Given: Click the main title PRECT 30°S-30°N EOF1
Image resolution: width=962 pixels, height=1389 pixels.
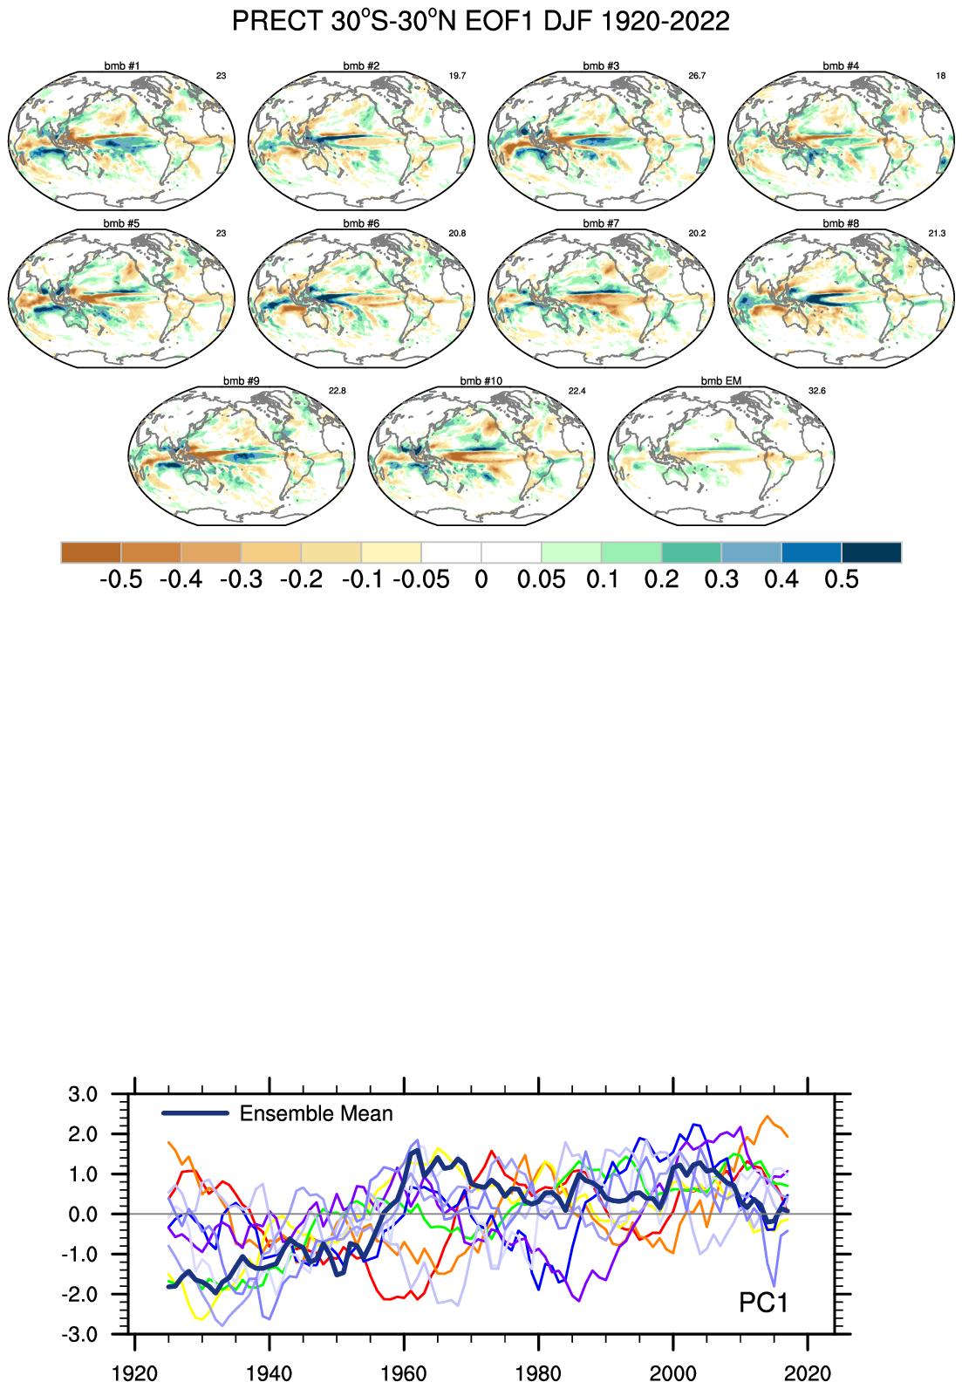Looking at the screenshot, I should pyautogui.click(x=481, y=21).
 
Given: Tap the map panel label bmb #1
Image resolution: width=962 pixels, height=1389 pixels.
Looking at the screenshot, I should pyautogui.click(x=121, y=66).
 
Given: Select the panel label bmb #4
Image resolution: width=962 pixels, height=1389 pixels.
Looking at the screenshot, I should pyautogui.click(x=840, y=66).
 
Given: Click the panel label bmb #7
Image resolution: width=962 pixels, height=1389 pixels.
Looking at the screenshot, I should pyautogui.click(x=601, y=224).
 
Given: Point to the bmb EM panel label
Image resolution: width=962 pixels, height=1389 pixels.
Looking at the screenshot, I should pyautogui.click(x=720, y=381).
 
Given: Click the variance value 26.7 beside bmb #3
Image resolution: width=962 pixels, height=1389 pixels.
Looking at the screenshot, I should pyautogui.click(x=697, y=76).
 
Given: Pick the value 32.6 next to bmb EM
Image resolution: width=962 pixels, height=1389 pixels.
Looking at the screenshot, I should pyautogui.click(x=816, y=391).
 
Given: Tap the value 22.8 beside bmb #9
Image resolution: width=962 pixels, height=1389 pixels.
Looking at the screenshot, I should pyautogui.click(x=337, y=391).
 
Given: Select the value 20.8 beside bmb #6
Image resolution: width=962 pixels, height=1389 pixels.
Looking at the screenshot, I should pyautogui.click(x=457, y=234).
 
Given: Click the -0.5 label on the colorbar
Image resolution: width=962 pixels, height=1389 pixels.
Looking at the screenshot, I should pyautogui.click(x=120, y=579).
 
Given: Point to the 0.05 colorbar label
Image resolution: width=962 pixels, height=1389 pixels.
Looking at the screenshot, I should pyautogui.click(x=541, y=579).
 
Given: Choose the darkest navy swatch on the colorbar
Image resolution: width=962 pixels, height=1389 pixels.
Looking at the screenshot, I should pyautogui.click(x=871, y=552).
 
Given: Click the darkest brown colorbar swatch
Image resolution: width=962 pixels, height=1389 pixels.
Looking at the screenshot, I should pyautogui.click(x=91, y=552).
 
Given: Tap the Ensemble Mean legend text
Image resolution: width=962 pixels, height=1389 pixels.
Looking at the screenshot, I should pyautogui.click(x=316, y=1114).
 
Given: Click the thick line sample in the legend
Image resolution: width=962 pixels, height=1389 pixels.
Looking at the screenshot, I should pyautogui.click(x=195, y=1113).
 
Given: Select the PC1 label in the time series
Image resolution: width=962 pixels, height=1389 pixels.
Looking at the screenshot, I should pyautogui.click(x=763, y=1303).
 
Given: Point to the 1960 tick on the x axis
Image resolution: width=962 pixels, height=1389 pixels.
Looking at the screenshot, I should pyautogui.click(x=404, y=1373).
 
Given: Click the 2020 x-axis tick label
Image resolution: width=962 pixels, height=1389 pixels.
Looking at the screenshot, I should pyautogui.click(x=808, y=1373).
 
